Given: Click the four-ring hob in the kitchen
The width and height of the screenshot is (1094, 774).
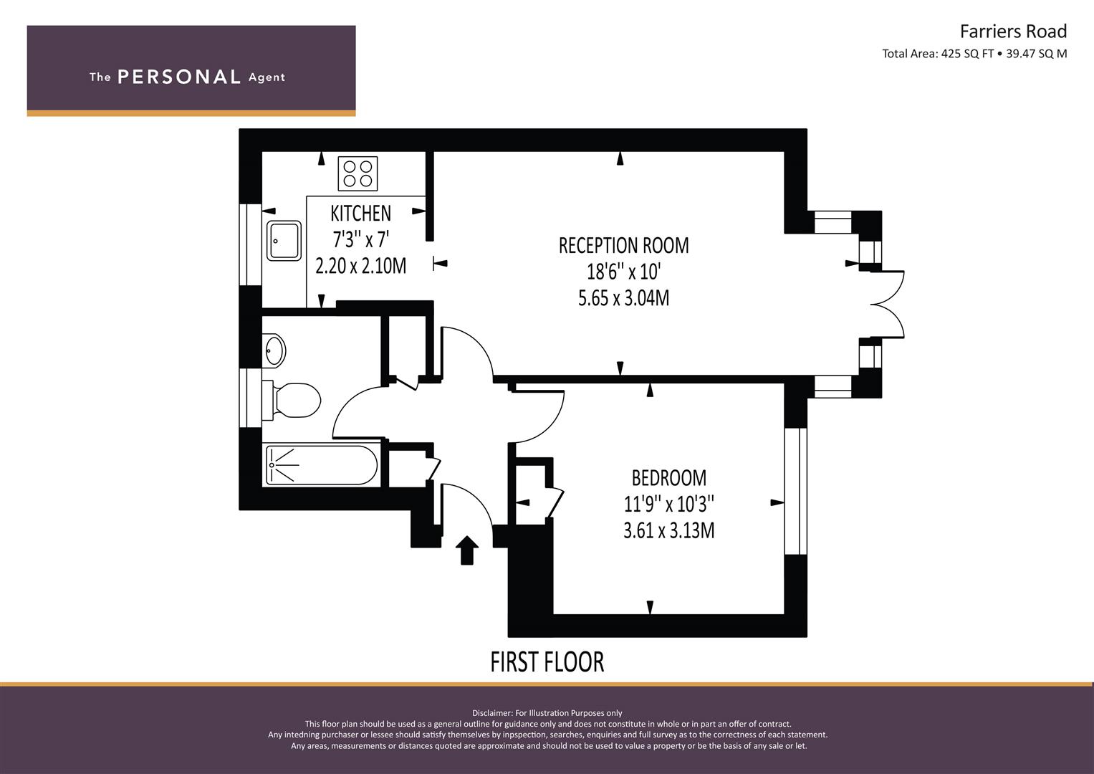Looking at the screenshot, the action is pos(358,173).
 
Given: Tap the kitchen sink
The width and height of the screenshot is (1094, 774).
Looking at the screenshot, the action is pos(284,240).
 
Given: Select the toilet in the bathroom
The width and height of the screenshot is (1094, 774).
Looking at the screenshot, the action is pos(291,400).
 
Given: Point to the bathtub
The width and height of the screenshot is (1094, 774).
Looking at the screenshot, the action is pos(322,464).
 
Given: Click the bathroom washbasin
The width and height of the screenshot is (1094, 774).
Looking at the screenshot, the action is pos(274,350).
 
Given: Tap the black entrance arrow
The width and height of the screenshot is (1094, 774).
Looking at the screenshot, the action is pos(467,550).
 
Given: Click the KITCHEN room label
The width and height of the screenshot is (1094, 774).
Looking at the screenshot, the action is pos(361,214).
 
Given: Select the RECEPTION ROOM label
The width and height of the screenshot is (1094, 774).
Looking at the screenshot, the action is pos(624,245).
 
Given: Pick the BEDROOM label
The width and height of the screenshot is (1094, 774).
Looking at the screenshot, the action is pos(669,478).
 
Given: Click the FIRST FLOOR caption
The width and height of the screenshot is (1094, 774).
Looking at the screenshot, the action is pos(547,662).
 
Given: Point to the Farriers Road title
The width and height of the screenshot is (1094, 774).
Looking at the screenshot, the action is pos(1014,32).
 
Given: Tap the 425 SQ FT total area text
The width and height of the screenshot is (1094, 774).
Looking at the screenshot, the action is pos(967,54).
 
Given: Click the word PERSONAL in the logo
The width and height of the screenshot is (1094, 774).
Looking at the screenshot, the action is pos(179,77).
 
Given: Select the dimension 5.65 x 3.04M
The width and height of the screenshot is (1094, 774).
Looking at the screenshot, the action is pos(624,298).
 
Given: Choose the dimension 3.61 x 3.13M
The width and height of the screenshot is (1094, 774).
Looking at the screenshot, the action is pos(669,530).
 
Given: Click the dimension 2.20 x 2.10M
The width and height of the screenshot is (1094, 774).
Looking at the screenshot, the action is pos(361,267).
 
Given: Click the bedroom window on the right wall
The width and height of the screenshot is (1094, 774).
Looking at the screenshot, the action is pos(795,492).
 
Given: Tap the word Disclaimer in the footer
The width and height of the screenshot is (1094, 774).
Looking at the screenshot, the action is pos(492,713).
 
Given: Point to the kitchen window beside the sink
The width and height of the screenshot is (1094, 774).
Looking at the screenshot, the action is pos(251,244).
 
